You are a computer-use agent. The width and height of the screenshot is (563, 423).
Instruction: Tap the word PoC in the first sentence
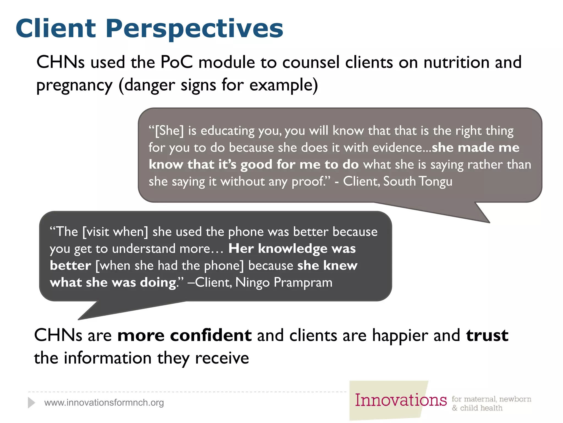pyautogui.click(x=176, y=62)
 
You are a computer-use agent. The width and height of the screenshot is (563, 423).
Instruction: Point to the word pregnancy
pyautogui.click(x=74, y=85)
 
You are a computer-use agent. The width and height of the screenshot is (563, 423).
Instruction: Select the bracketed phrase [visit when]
pyautogui.click(x=115, y=232)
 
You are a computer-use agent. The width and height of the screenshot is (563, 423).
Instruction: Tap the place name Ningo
pyautogui.click(x=252, y=283)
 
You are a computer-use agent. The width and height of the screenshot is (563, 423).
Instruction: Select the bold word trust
pyautogui.click(x=487, y=335)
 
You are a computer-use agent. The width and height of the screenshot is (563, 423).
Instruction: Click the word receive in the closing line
pyautogui.click(x=222, y=358)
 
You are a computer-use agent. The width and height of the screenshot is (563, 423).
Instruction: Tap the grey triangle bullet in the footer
pyautogui.click(x=31, y=403)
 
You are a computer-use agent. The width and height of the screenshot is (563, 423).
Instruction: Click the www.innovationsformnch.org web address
pyautogui.click(x=104, y=403)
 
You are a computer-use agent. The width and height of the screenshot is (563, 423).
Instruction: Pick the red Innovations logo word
pyautogui.click(x=401, y=400)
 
